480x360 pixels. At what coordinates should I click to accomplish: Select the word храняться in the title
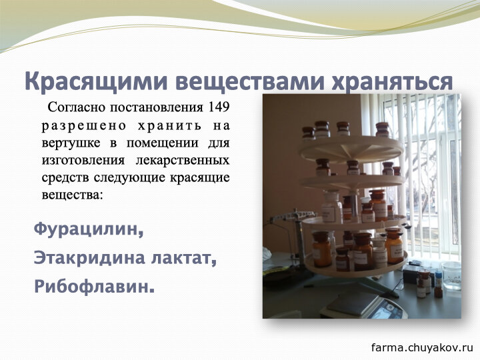(393, 81)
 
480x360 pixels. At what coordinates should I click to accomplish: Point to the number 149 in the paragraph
(219, 107)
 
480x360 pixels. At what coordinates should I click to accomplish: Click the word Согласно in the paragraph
(77, 107)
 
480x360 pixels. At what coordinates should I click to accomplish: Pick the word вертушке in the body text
(71, 143)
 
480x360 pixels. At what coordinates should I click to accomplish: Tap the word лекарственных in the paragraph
(183, 161)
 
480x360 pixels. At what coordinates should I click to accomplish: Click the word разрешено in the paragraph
(84, 126)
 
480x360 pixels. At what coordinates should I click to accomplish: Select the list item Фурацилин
(89, 229)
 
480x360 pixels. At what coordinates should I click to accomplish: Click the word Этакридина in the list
(89, 258)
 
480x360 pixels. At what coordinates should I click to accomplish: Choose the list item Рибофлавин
(94, 286)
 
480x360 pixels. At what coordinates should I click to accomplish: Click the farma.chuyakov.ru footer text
(423, 347)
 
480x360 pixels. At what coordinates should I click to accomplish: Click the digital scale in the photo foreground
(364, 306)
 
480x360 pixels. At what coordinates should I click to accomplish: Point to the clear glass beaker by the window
(451, 275)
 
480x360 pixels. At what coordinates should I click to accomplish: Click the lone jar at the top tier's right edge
(382, 129)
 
